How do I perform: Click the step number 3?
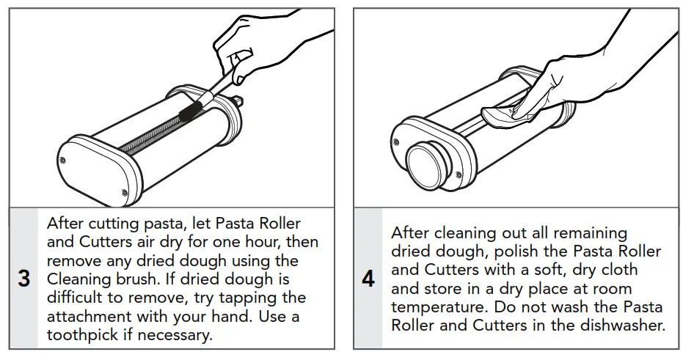(x=24, y=280)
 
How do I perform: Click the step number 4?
(x=369, y=280)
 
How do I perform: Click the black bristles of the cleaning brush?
(x=196, y=109)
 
